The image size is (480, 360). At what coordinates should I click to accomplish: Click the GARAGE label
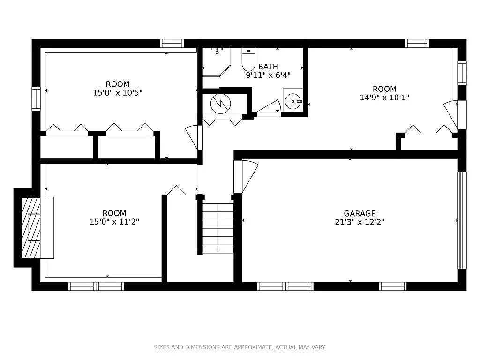pyautogui.click(x=360, y=213)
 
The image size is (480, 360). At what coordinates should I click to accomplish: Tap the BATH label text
pyautogui.click(x=268, y=67)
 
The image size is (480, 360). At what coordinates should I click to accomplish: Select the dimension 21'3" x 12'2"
pyautogui.click(x=360, y=222)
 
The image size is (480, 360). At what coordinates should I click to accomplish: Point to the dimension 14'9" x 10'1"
pyautogui.click(x=384, y=97)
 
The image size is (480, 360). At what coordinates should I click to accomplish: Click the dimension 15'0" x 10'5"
pyautogui.click(x=118, y=92)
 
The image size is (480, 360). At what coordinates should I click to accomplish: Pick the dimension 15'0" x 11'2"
pyautogui.click(x=114, y=222)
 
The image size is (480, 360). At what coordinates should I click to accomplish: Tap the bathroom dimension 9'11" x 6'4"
pyautogui.click(x=268, y=75)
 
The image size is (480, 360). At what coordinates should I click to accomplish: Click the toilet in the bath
pyautogui.click(x=248, y=59)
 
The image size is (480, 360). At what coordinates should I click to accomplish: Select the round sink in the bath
pyautogui.click(x=293, y=101)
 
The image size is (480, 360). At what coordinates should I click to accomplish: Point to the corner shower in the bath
pyautogui.click(x=217, y=62)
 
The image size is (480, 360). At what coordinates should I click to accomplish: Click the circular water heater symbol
pyautogui.click(x=220, y=104)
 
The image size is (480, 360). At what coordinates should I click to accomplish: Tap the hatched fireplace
pyautogui.click(x=31, y=227)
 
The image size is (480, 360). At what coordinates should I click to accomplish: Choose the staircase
pyautogui.click(x=217, y=228)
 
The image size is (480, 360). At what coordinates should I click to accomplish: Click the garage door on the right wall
pyautogui.click(x=462, y=220)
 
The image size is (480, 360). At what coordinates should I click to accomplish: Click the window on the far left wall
pyautogui.click(x=36, y=98)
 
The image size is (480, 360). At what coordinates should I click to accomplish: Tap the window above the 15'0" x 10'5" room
pyautogui.click(x=172, y=44)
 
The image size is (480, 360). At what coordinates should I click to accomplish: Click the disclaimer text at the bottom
pyautogui.click(x=240, y=347)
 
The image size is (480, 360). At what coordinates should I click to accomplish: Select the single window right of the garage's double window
pyautogui.click(x=393, y=286)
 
